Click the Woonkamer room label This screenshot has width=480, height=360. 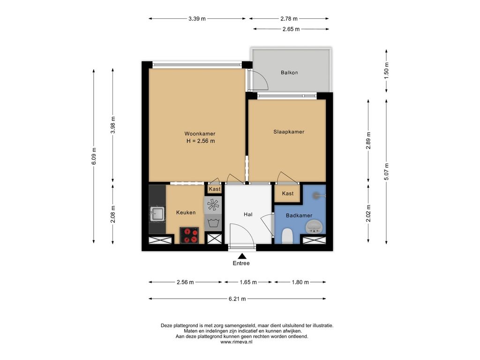[200, 134]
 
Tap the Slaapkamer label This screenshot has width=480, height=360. [289, 132]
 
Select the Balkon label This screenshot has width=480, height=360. [289, 73]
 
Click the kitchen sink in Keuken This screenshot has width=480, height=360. [157, 213]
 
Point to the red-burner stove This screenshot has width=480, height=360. [189, 235]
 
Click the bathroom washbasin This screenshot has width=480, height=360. [314, 227]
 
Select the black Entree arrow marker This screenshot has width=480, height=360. [242, 256]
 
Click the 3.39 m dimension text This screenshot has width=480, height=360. [197, 19]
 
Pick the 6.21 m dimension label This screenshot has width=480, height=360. [237, 299]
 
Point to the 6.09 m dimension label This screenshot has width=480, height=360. [94, 156]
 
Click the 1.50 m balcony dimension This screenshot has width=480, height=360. [386, 71]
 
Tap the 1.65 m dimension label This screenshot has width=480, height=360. [248, 282]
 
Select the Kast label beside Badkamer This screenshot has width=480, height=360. [288, 194]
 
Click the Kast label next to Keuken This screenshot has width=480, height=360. [214, 189]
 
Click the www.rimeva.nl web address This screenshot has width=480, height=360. [236, 342]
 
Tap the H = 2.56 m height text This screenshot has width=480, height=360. [201, 141]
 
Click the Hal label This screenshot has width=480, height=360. [248, 215]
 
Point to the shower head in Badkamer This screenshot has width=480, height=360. [317, 195]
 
